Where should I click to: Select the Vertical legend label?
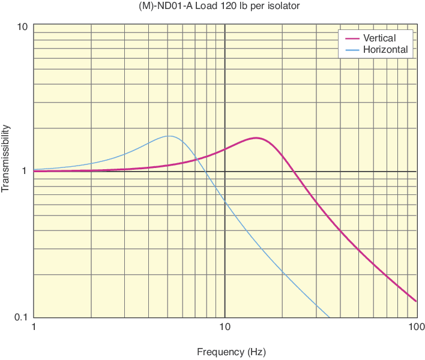(x=379, y=38)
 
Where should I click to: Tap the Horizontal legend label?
(x=385, y=50)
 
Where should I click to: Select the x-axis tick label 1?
(x=34, y=327)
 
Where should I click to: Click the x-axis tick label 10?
(x=225, y=327)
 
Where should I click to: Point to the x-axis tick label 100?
(x=416, y=327)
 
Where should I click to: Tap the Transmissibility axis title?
(x=6, y=158)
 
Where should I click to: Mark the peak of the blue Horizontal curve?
(x=170, y=136)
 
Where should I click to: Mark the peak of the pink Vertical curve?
(x=256, y=138)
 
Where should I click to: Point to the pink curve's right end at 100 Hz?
(x=416, y=301)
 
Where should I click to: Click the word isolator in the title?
(x=282, y=7)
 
